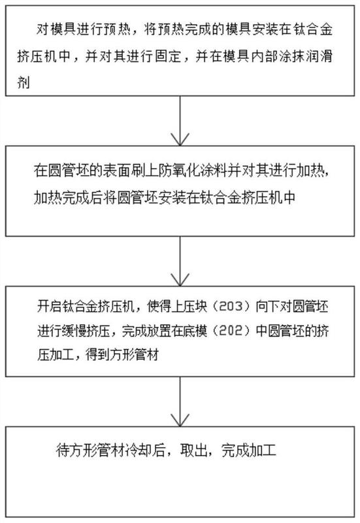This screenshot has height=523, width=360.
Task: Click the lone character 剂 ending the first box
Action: pyautogui.click(x=24, y=82)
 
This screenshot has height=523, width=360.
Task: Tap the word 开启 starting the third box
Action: pyautogui.click(x=50, y=306)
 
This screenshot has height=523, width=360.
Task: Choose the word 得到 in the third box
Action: pyautogui.click(x=97, y=355)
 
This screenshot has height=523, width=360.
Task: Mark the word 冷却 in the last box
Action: pyautogui.click(x=139, y=451)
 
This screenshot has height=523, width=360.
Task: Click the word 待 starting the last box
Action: pyautogui.click(x=63, y=451)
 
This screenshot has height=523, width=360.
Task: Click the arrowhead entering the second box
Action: pyautogui.click(x=180, y=139)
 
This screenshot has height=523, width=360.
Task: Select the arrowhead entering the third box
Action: pyautogui.click(x=180, y=280)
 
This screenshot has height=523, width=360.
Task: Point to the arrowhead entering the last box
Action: pyautogui.click(x=180, y=420)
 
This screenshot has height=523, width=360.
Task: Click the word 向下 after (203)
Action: pyautogui.click(x=268, y=306)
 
